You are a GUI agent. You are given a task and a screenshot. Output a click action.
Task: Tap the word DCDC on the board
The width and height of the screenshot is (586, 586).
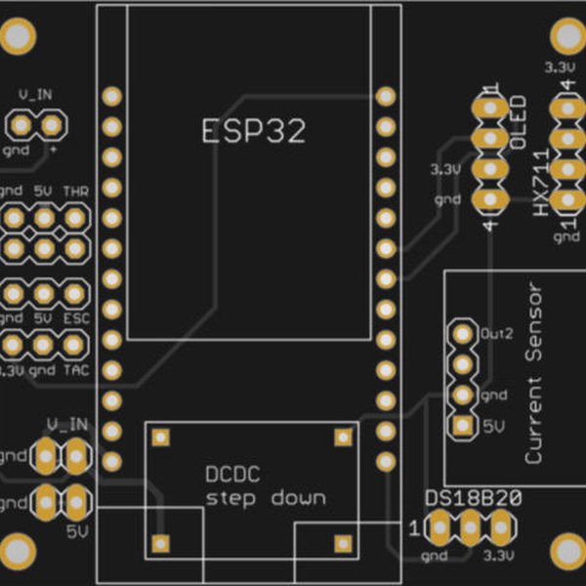click(232, 477)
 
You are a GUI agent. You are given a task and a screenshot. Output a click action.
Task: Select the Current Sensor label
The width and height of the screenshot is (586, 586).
click(532, 373)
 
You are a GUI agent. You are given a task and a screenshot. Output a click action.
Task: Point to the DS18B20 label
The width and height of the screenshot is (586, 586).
click(473, 499)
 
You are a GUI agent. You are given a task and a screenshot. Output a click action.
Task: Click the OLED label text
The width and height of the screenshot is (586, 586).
click(519, 122)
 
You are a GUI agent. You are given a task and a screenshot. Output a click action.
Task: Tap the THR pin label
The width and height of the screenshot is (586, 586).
click(75, 191)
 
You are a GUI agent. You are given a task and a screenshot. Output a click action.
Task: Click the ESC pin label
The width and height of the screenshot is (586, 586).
click(75, 318)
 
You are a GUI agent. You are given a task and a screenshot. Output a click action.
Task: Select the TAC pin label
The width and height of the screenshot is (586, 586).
click(75, 371)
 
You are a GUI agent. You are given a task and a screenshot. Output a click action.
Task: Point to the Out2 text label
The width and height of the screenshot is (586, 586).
click(496, 333)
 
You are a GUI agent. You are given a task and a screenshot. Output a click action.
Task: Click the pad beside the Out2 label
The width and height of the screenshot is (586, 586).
click(461, 334)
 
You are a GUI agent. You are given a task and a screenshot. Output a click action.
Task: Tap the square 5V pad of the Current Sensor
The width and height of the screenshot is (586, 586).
click(461, 426)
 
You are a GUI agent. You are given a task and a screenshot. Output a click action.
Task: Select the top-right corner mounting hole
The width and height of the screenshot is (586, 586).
click(567, 37)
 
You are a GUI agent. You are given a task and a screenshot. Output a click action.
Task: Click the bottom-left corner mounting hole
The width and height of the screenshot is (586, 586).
click(18, 551)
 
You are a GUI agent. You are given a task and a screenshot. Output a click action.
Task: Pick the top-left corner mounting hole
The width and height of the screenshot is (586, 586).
click(18, 37)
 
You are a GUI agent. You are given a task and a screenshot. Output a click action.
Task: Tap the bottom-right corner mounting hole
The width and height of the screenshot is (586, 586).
click(567, 551)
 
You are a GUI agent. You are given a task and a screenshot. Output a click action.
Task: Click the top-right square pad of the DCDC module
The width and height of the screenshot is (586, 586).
click(343, 437)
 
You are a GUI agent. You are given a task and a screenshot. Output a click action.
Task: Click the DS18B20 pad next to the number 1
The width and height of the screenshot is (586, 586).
click(439, 528)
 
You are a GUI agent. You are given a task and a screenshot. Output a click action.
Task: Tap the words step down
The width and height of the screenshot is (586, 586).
click(266, 498)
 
